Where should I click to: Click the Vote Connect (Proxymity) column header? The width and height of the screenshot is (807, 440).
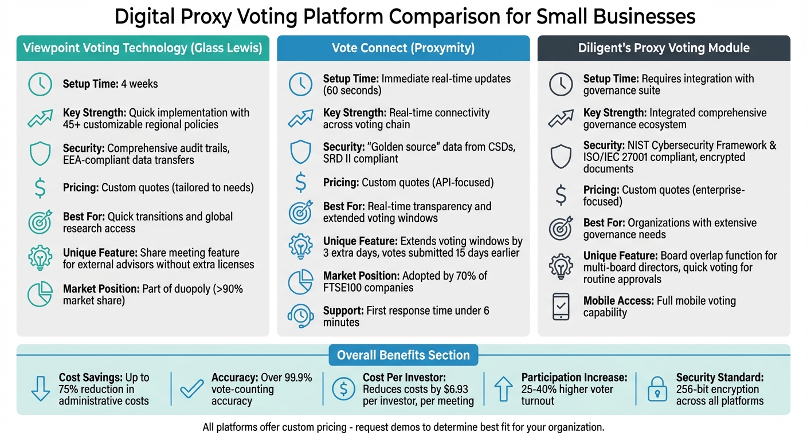pyautogui.click(x=403, y=48)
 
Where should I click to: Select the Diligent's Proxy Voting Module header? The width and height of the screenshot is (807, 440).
pyautogui.click(x=664, y=48)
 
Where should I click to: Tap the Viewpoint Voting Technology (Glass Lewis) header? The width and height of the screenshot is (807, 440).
pyautogui.click(x=142, y=48)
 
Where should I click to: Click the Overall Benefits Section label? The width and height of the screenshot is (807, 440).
pyautogui.click(x=403, y=355)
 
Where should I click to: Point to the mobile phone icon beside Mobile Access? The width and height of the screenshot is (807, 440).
pyautogui.click(x=560, y=307)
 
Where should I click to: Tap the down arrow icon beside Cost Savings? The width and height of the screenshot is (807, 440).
pyautogui.click(x=40, y=389)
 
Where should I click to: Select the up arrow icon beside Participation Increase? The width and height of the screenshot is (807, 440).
pyautogui.click(x=503, y=389)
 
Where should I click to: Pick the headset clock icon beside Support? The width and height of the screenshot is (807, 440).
pyautogui.click(x=300, y=316)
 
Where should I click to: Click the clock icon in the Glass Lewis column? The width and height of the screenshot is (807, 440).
pyautogui.click(x=40, y=84)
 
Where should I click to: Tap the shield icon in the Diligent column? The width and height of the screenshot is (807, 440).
pyautogui.click(x=560, y=156)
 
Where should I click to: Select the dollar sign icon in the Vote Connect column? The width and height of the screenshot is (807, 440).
pyautogui.click(x=300, y=183)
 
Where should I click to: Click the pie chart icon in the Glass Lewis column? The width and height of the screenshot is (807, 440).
pyautogui.click(x=40, y=294)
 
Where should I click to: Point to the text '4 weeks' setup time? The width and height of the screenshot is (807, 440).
pyautogui.click(x=139, y=84)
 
